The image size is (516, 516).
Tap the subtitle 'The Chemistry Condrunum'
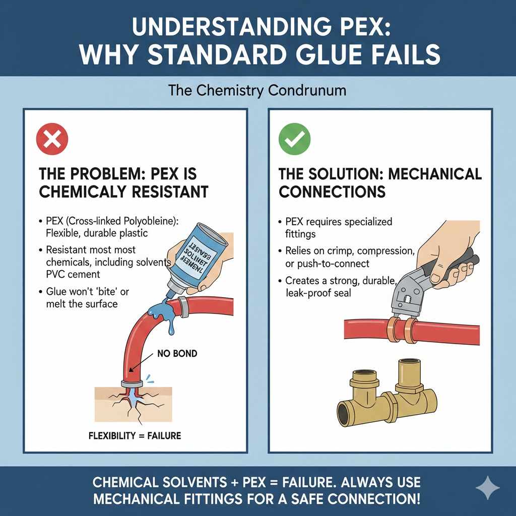click(257, 91)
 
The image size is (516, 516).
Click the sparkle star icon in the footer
click(488, 488)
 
